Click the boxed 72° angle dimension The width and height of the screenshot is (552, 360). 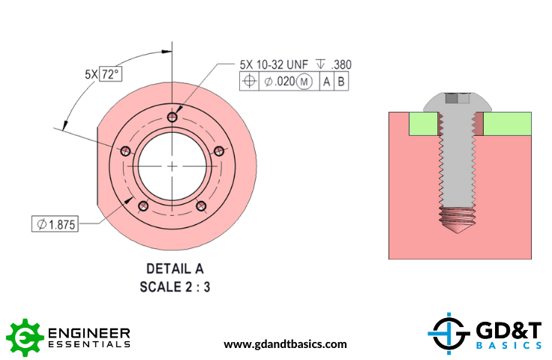111,74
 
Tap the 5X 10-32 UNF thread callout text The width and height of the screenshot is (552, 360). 274,65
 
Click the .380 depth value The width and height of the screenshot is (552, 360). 342,65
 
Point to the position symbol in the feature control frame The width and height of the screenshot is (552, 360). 249,82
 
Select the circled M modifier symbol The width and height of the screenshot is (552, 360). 304,82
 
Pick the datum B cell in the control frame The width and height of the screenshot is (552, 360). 340,82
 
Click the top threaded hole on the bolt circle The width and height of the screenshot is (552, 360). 172,117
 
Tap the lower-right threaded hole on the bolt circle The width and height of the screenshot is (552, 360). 201,205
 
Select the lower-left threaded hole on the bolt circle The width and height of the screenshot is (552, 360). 144,205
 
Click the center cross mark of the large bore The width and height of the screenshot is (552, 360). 172,165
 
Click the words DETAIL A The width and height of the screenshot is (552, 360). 175,268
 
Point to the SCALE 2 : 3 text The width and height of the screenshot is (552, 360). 175,286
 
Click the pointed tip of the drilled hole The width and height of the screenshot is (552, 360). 459,235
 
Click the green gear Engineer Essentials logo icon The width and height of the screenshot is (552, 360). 23,337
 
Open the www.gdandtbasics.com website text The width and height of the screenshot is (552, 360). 285,344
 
